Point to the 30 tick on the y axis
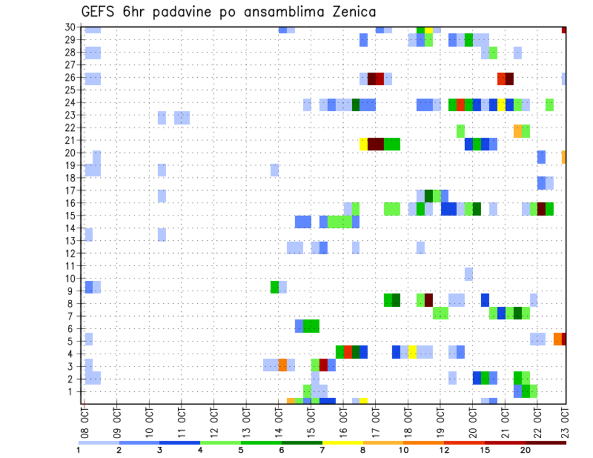72,27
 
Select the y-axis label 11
72,265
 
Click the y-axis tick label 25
72,90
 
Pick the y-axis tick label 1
74,391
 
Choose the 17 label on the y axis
72,190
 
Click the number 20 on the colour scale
525,450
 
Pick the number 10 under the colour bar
403,450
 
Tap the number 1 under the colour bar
78,450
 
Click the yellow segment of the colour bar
342,443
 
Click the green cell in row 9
275,287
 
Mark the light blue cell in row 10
469,274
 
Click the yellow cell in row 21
364,144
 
